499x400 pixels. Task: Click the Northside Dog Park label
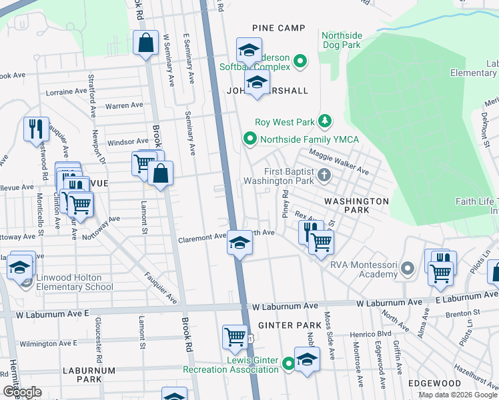coord(341,40)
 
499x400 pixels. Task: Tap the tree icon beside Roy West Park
coord(325,121)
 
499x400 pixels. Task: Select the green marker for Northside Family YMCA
coord(250,139)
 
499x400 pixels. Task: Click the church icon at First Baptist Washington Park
coord(324,175)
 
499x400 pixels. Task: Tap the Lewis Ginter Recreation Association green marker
coord(288,364)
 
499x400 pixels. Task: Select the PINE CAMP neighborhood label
coord(278,28)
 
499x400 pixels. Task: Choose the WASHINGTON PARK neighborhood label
coord(356,205)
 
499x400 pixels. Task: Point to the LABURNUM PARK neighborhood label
coord(89,375)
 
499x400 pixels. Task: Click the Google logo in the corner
coord(22,392)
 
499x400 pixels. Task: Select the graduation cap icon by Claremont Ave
coord(239,242)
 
